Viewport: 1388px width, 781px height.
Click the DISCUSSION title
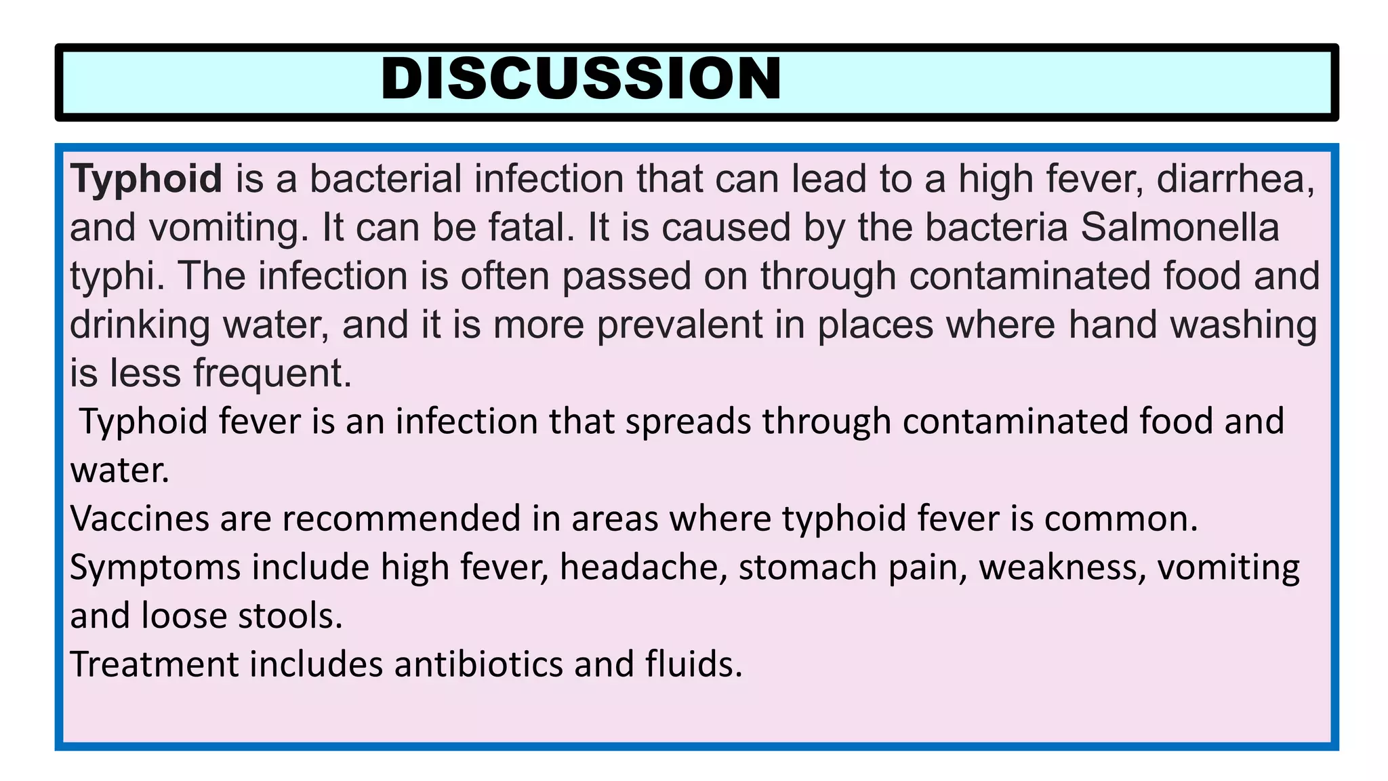pos(581,79)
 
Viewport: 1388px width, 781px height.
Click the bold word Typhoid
pos(146,179)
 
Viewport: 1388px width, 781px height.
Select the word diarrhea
pos(1236,179)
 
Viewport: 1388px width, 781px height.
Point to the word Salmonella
pos(1179,228)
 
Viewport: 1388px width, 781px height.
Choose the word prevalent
pos(680,325)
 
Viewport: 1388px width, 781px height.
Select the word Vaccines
pos(140,519)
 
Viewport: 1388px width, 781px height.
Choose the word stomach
pos(808,567)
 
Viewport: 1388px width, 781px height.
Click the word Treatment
pos(154,664)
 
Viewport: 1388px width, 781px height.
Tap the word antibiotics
pos(478,664)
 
